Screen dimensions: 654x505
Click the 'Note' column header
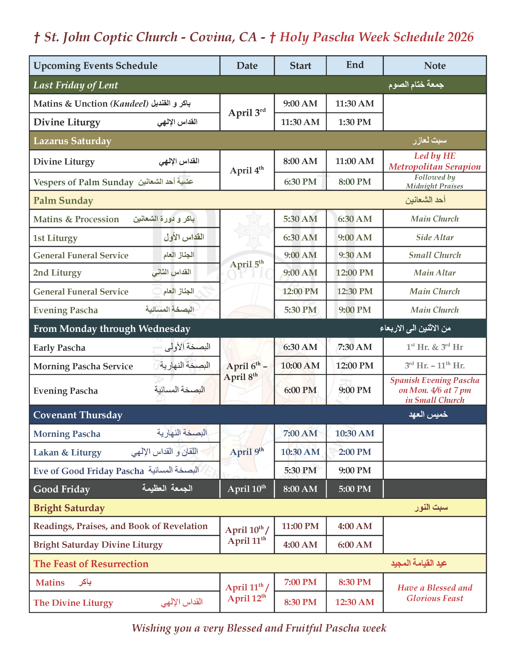pyautogui.click(x=434, y=66)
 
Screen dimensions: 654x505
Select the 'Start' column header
pyautogui.click(x=300, y=66)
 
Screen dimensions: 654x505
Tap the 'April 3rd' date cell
pyautogui.click(x=247, y=113)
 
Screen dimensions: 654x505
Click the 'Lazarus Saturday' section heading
pyautogui.click(x=72, y=141)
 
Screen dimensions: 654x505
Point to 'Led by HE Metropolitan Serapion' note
pyautogui.click(x=434, y=161)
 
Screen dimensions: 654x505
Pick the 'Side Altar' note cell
pyautogui.click(x=434, y=238)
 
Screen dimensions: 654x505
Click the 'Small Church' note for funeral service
pyautogui.click(x=434, y=255)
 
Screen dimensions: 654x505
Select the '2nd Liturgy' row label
pyautogui.click(x=57, y=273)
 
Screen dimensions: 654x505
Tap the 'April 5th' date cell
pyautogui.click(x=247, y=264)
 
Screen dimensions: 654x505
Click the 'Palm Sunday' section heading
pyautogui.click(x=63, y=200)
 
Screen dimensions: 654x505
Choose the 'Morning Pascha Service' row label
pyautogui.click(x=83, y=366)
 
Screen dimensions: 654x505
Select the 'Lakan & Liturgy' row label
pyautogui.click(x=67, y=452)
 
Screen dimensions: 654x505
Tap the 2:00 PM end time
pyautogui.click(x=354, y=452)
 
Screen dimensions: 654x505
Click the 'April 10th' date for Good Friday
pyautogui.click(x=247, y=489)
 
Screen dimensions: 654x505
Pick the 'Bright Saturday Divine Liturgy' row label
pyautogui.click(x=98, y=545)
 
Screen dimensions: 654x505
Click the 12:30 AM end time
pyautogui.click(x=354, y=602)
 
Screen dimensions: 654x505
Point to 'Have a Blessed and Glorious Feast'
pyautogui.click(x=434, y=593)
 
